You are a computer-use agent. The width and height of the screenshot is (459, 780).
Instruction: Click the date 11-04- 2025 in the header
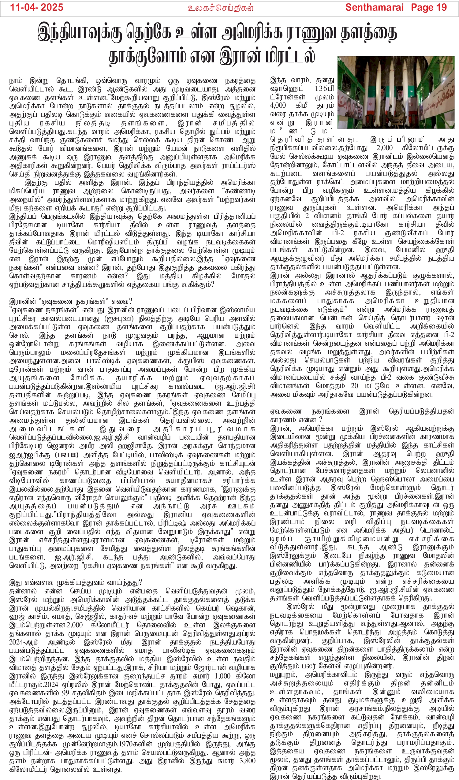[37, 7]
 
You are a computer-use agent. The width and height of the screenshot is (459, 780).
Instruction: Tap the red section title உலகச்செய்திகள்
[221, 8]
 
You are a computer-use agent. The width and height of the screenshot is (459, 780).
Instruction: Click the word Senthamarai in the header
[375, 7]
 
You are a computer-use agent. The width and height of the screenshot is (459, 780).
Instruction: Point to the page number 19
[441, 7]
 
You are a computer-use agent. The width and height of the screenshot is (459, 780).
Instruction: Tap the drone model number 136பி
[324, 88]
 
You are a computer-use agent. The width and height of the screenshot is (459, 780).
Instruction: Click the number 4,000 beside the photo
[278, 105]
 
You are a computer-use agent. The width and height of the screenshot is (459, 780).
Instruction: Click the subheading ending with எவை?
[71, 301]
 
